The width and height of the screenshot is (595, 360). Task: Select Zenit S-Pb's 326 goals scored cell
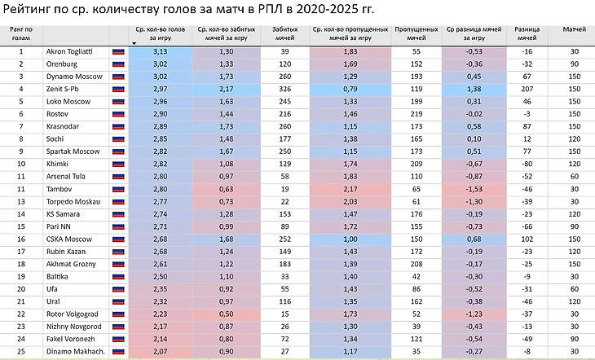coord(284,87)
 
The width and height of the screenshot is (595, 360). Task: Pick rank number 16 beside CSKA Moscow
coord(21,239)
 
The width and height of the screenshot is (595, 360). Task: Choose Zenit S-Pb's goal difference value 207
coord(527,87)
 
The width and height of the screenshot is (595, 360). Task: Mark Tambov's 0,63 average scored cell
coord(226,188)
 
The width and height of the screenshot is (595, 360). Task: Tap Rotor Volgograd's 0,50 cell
coord(226,314)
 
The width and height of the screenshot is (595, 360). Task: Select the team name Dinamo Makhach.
coord(75,352)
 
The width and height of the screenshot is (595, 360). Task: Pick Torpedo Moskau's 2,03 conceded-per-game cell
coord(350,201)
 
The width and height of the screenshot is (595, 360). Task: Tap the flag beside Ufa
coord(118,289)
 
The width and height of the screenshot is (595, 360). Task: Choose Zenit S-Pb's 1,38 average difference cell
coord(474,87)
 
